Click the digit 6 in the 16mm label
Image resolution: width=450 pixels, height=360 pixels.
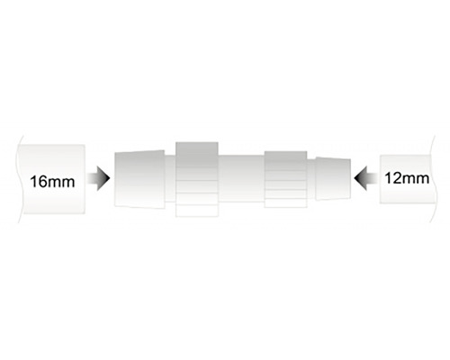[41, 182]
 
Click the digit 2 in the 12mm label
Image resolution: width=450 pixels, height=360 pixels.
[396, 178]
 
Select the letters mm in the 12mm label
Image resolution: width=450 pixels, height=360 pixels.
[415, 180]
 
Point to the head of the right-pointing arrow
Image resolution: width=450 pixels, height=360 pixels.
[110, 178]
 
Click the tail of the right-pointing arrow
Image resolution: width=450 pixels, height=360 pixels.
[88, 178]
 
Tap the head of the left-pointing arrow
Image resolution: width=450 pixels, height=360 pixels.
[355, 178]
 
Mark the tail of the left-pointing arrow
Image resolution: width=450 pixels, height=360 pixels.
[377, 178]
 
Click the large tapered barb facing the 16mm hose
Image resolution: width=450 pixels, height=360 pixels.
[139, 179]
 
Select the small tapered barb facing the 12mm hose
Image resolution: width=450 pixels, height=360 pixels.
[333, 178]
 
